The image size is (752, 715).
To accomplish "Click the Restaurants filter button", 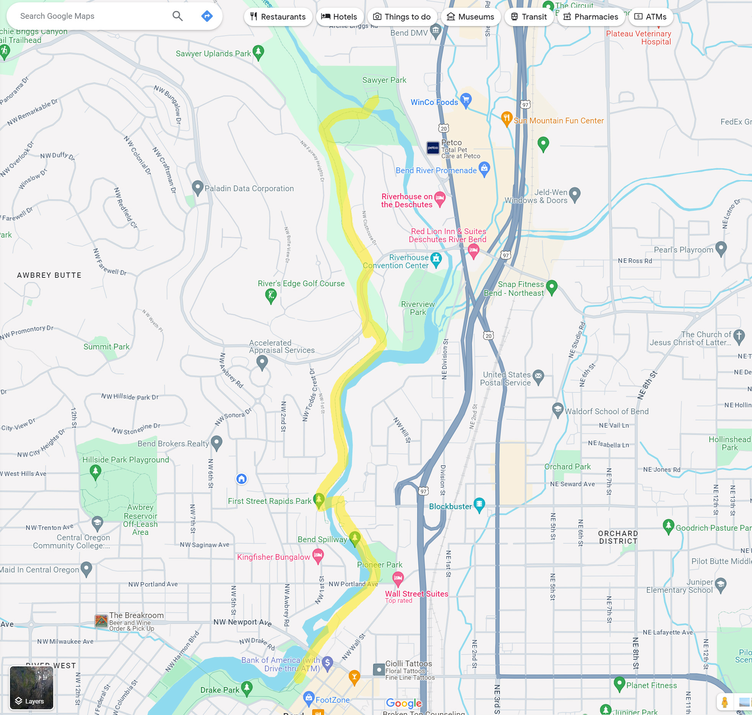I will pyautogui.click(x=278, y=17).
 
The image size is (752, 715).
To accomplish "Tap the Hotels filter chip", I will pyautogui.click(x=339, y=17).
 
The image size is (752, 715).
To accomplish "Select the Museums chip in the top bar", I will pyautogui.click(x=470, y=17).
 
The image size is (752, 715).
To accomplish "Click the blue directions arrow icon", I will pyautogui.click(x=207, y=16).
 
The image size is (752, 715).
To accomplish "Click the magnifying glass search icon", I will pyautogui.click(x=177, y=16).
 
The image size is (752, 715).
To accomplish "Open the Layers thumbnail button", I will pyautogui.click(x=31, y=687).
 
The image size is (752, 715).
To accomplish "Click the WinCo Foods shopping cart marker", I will pyautogui.click(x=466, y=100).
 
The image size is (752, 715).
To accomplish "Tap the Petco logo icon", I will pyautogui.click(x=433, y=148).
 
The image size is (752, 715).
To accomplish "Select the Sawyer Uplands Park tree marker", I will pyautogui.click(x=259, y=52).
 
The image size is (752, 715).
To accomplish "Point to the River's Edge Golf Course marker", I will pyautogui.click(x=271, y=295).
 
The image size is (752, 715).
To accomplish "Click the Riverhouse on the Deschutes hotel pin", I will pyautogui.click(x=440, y=198).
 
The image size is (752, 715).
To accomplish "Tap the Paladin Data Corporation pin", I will pyautogui.click(x=197, y=187).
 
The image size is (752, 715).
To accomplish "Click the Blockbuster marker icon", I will pyautogui.click(x=479, y=504).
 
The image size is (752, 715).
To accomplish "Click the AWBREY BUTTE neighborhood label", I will pyautogui.click(x=49, y=275).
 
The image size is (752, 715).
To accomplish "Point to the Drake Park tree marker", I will pyautogui.click(x=247, y=688).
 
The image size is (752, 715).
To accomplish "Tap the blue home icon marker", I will pyautogui.click(x=241, y=479).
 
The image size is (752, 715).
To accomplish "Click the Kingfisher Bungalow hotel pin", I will pyautogui.click(x=318, y=555).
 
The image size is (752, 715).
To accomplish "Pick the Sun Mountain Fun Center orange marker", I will pyautogui.click(x=506, y=118).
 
